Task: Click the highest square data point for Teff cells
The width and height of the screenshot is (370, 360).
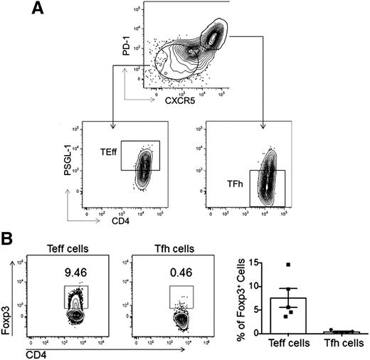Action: pyautogui.click(x=288, y=265)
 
